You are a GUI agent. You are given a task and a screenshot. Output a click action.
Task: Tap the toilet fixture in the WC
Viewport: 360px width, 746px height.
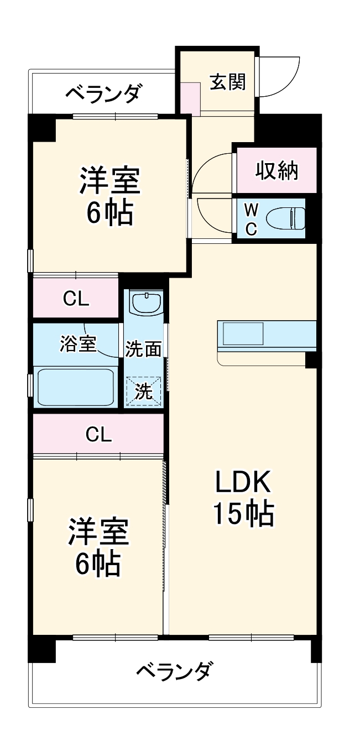point(285,218)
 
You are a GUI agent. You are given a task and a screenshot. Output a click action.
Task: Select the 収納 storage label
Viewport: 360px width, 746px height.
point(276,171)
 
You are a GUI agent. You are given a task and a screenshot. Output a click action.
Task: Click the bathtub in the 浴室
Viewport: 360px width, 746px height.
point(76,387)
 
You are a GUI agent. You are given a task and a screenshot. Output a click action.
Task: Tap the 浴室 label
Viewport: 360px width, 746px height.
point(77,344)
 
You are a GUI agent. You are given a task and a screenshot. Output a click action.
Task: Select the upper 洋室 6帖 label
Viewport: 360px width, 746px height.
point(109,196)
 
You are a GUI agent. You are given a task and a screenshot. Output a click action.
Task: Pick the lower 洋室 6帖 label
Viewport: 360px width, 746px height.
point(98,547)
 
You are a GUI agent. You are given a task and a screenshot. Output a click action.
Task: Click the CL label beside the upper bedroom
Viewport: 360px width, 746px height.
point(76,299)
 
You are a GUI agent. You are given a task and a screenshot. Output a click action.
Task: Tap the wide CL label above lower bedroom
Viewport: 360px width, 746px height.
point(98,435)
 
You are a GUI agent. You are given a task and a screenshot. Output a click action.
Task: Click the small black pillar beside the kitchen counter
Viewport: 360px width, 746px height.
point(311,360)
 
